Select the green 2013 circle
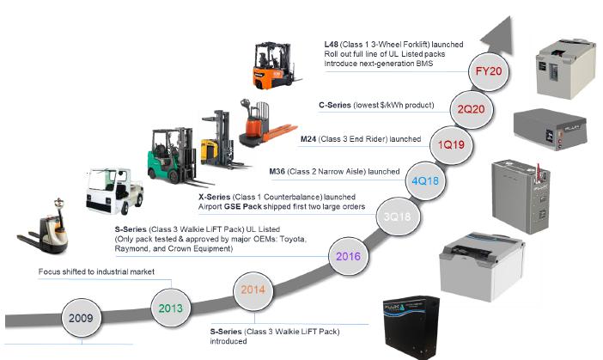click(x=170, y=307)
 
